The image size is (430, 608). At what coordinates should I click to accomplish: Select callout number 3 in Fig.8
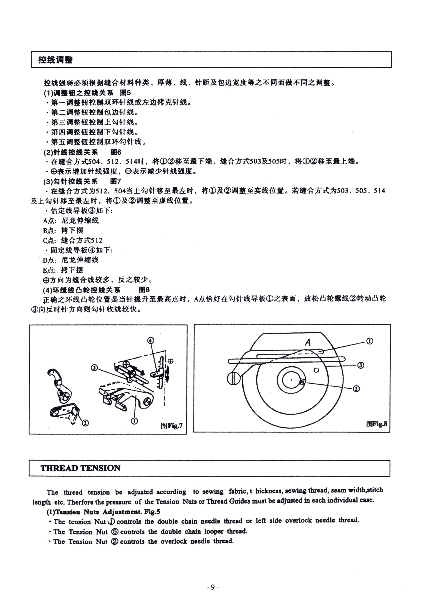tap(361, 365)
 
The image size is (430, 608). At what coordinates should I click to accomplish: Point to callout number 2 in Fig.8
tap(356, 388)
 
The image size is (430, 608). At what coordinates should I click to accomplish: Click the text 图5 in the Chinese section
tap(125, 93)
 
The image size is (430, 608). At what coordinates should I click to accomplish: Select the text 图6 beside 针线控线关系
tap(116, 152)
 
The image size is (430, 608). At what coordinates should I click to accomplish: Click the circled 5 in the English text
tap(115, 531)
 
